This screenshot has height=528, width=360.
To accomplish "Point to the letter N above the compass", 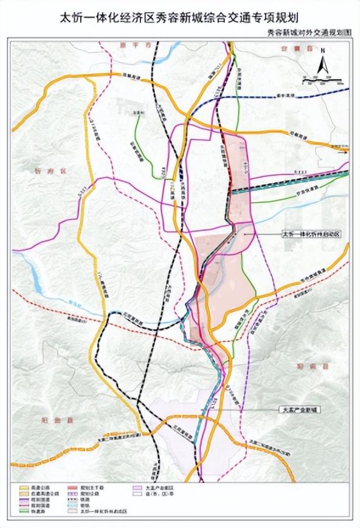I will click(x=325, y=50).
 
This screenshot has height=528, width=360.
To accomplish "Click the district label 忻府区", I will click(x=45, y=172).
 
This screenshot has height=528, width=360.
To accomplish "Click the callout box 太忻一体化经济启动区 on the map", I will click(x=304, y=233).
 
